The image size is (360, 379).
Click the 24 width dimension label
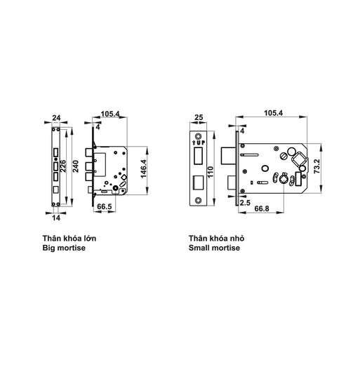click(57, 120)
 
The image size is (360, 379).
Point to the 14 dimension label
click(56, 217)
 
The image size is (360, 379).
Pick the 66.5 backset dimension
click(105, 207)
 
